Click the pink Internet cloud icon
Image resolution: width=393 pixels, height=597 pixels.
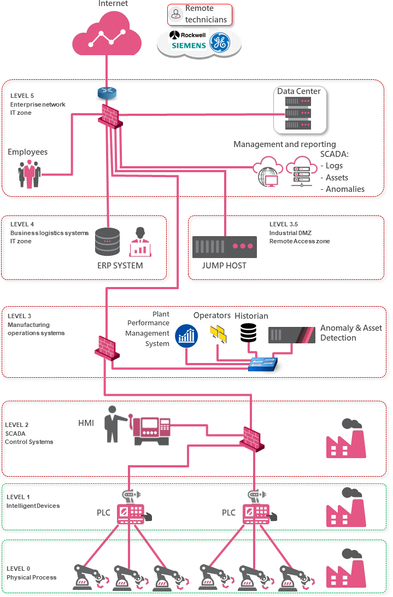coord(107,36)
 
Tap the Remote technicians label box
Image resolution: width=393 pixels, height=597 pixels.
coord(200,14)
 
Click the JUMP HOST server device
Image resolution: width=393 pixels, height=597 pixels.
coord(225,247)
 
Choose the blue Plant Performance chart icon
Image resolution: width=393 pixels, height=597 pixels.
coord(186,336)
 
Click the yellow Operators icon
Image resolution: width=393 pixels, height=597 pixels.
coord(218,333)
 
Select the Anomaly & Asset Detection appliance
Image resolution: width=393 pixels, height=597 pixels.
coord(291,335)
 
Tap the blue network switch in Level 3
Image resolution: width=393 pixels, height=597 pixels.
coord(262,364)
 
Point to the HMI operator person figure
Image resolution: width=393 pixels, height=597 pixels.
coord(113,424)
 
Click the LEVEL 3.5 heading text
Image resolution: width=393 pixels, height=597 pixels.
coord(283,224)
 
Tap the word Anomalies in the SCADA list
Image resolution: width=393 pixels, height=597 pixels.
coord(345,189)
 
